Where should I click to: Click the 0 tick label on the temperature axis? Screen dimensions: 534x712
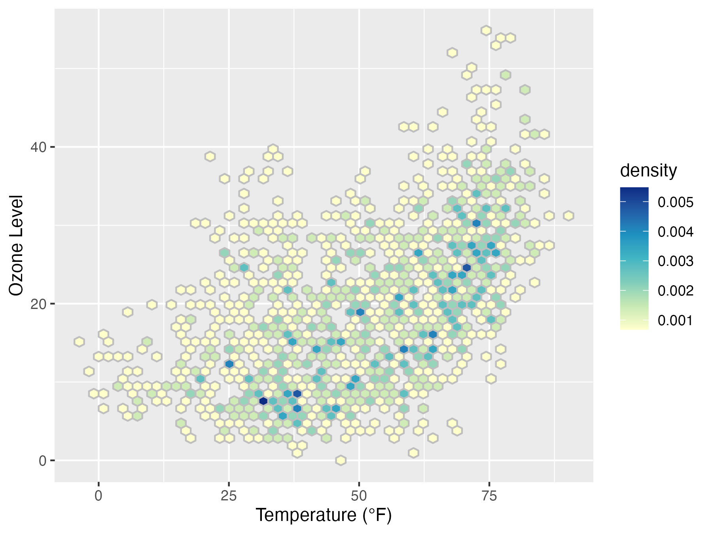tap(98, 496)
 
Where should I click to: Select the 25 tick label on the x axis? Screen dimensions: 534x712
tap(229, 496)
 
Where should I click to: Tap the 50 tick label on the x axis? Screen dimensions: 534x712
tap(359, 496)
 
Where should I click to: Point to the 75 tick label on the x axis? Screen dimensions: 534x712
tap(489, 496)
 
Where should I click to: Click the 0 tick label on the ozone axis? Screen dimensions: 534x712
tap(42, 461)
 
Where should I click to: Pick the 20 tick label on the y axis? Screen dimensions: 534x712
tap(38, 304)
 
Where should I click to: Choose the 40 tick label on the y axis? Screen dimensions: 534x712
tap(38, 148)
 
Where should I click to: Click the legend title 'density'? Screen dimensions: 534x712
tap(648, 170)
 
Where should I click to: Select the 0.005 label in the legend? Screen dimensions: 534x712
tap(675, 202)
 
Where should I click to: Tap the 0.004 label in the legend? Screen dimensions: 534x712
tap(675, 232)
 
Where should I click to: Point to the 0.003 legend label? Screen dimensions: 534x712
tap(675, 261)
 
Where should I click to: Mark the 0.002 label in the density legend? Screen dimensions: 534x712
tap(675, 291)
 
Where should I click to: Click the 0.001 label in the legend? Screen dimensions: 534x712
tap(675, 320)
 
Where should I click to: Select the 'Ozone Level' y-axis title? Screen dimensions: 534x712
tap(17, 245)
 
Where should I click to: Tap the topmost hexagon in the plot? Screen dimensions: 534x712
tap(486, 30)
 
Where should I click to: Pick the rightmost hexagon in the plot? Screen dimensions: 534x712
tap(568, 216)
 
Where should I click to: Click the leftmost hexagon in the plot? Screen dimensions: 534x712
tap(79, 341)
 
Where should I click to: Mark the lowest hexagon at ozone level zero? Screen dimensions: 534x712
tap(341, 460)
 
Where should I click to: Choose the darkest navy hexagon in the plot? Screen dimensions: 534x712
tap(263, 401)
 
